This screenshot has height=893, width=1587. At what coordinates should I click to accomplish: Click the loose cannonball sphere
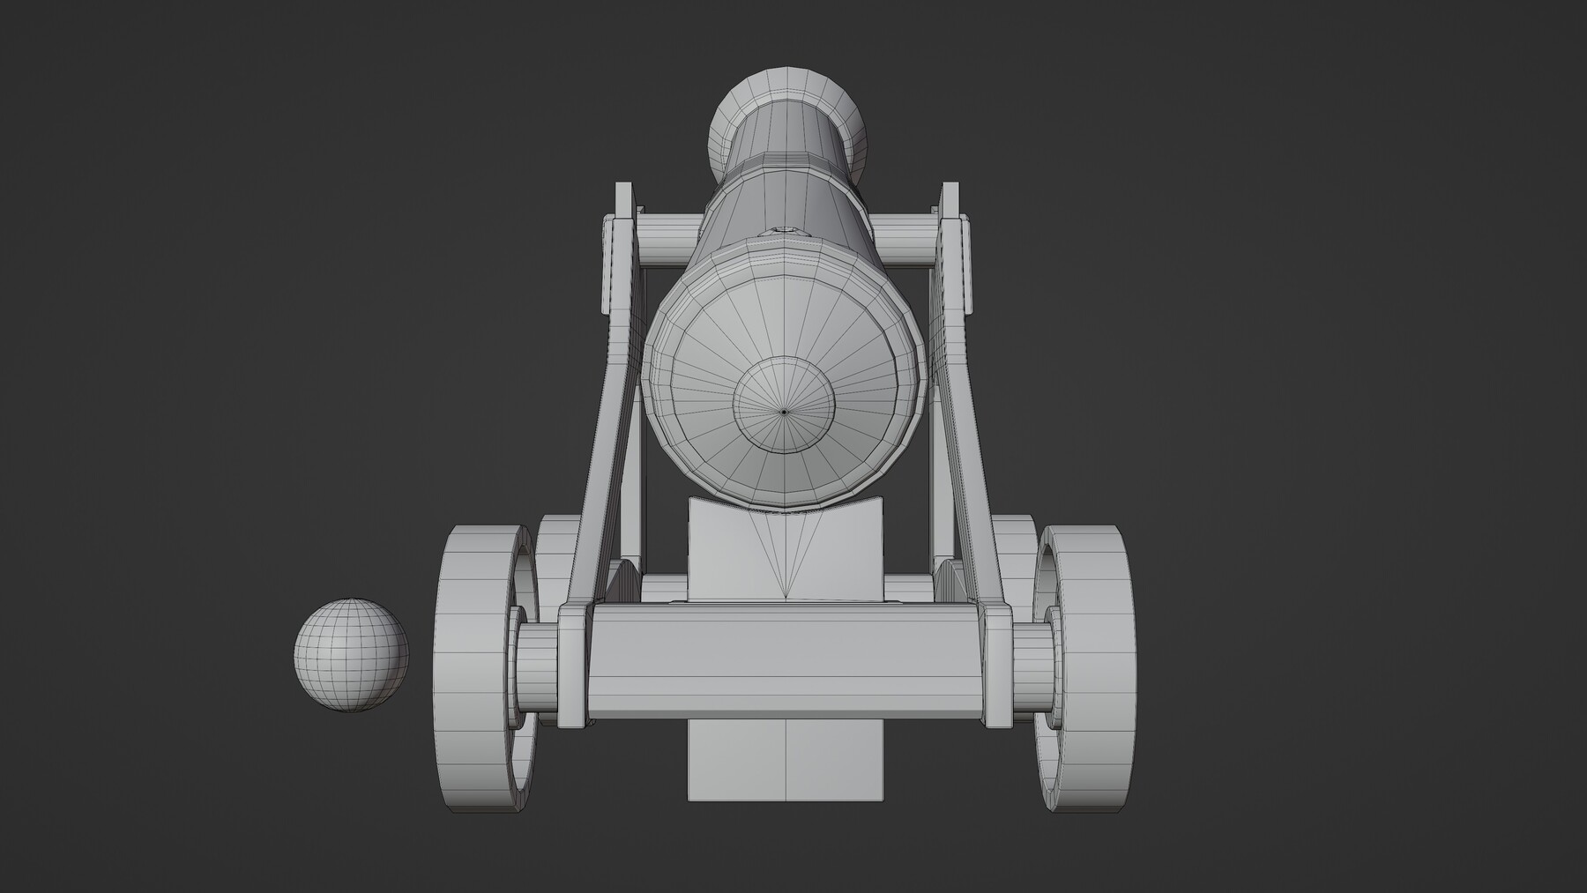pyautogui.click(x=351, y=655)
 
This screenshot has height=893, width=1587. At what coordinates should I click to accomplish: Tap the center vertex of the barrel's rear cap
pyautogui.click(x=784, y=410)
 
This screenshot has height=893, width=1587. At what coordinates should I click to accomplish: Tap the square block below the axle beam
pyautogui.click(x=785, y=758)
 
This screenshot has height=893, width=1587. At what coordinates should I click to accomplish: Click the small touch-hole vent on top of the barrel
pyautogui.click(x=785, y=231)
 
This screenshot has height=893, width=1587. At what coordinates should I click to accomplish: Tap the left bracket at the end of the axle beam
pyautogui.click(x=572, y=666)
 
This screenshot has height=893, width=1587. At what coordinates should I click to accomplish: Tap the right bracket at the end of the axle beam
pyautogui.click(x=995, y=666)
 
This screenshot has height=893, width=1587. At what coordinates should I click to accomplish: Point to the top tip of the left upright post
pyautogui.click(x=623, y=189)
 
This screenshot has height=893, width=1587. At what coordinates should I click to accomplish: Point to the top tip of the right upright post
pyautogui.click(x=950, y=189)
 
